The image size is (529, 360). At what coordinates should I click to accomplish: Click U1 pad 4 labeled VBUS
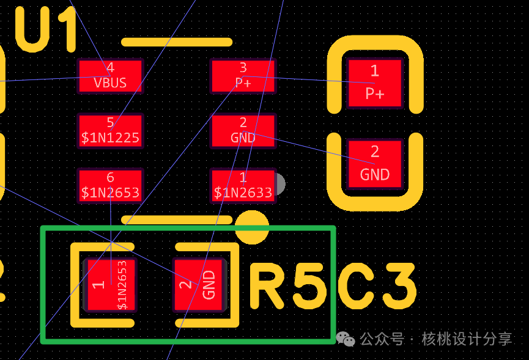coord(110,76)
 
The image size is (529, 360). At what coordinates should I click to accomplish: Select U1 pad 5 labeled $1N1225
coord(110,131)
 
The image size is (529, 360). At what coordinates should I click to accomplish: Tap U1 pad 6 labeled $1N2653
coord(110,186)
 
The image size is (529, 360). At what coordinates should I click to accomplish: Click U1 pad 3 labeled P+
coord(243,76)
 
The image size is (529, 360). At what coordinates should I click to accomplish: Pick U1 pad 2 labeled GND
coord(243,131)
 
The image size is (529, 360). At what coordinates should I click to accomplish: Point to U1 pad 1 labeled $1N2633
coord(243,186)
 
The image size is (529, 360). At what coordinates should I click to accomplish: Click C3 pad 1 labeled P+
coord(375,83)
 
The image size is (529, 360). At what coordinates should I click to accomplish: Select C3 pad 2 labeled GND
coord(375,164)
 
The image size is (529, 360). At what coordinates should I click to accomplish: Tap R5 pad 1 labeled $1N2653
coord(110,285)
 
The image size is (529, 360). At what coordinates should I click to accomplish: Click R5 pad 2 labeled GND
coord(199,285)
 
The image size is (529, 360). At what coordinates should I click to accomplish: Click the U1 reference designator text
coord(46,29)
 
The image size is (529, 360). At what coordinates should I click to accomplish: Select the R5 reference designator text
coord(289,286)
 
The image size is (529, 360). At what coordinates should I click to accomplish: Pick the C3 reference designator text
coord(377,286)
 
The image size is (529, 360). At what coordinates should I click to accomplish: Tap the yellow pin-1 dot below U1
coord(252,227)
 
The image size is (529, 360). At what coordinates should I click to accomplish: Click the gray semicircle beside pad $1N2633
coord(281,184)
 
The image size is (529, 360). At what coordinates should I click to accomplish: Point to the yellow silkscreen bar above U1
coord(177,42)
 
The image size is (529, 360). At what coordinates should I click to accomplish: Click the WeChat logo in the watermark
coord(346,339)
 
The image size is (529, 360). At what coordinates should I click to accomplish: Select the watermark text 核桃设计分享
coord(467,339)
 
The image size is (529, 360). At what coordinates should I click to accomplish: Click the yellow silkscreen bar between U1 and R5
coord(177,220)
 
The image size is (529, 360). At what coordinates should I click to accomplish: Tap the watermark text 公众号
coord(382,339)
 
